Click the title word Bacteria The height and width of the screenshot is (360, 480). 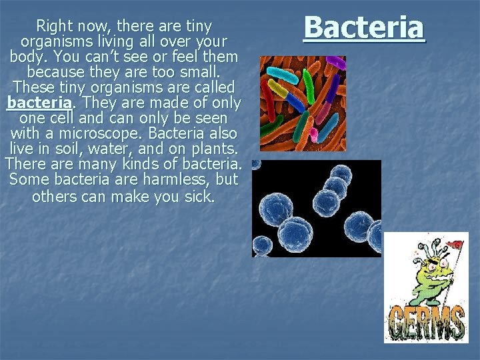363,28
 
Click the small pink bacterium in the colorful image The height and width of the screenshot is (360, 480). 313,134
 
